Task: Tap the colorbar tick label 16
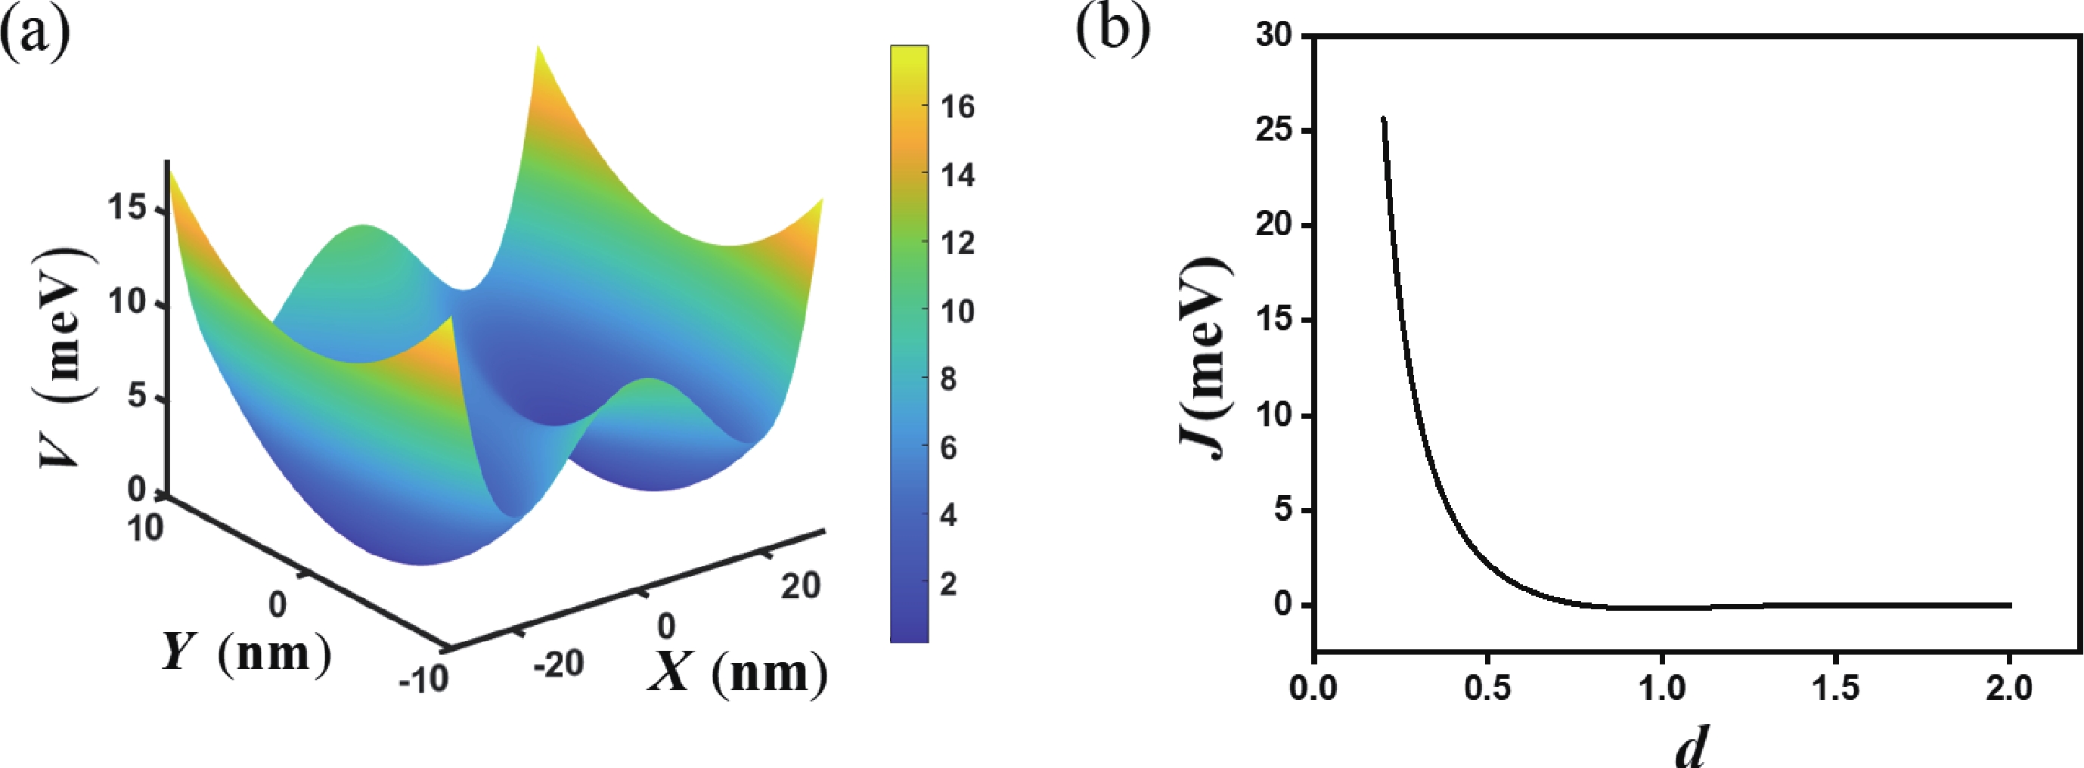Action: pyautogui.click(x=958, y=107)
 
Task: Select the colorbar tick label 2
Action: pyautogui.click(x=948, y=584)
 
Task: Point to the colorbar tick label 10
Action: pyautogui.click(x=958, y=311)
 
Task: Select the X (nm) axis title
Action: pyautogui.click(x=738, y=673)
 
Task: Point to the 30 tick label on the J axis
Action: pyautogui.click(x=1274, y=36)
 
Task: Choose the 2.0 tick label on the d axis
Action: pyautogui.click(x=2010, y=688)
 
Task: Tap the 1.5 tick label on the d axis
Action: pyautogui.click(x=1836, y=688)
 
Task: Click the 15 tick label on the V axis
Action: pyautogui.click(x=127, y=209)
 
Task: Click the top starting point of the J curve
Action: pyautogui.click(x=1383, y=119)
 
